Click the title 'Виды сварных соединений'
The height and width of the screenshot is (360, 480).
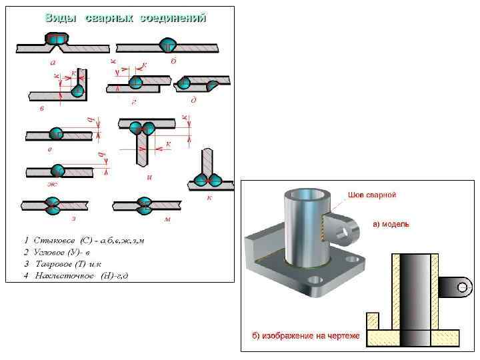click(x=125, y=18)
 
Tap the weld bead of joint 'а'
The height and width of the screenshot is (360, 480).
click(x=58, y=41)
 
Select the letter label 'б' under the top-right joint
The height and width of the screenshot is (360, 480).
click(x=173, y=61)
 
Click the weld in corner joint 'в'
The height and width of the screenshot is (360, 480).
click(x=78, y=89)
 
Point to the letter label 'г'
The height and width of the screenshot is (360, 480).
click(x=134, y=102)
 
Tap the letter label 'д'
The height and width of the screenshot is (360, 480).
click(x=193, y=101)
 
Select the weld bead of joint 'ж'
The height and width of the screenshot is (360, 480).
click(x=57, y=171)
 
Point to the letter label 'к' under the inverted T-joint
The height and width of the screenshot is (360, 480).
click(x=209, y=197)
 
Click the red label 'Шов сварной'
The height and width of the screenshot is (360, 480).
click(x=372, y=195)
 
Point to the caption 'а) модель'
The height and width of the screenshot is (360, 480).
click(x=391, y=224)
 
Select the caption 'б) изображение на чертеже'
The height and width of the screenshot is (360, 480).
click(x=305, y=336)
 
